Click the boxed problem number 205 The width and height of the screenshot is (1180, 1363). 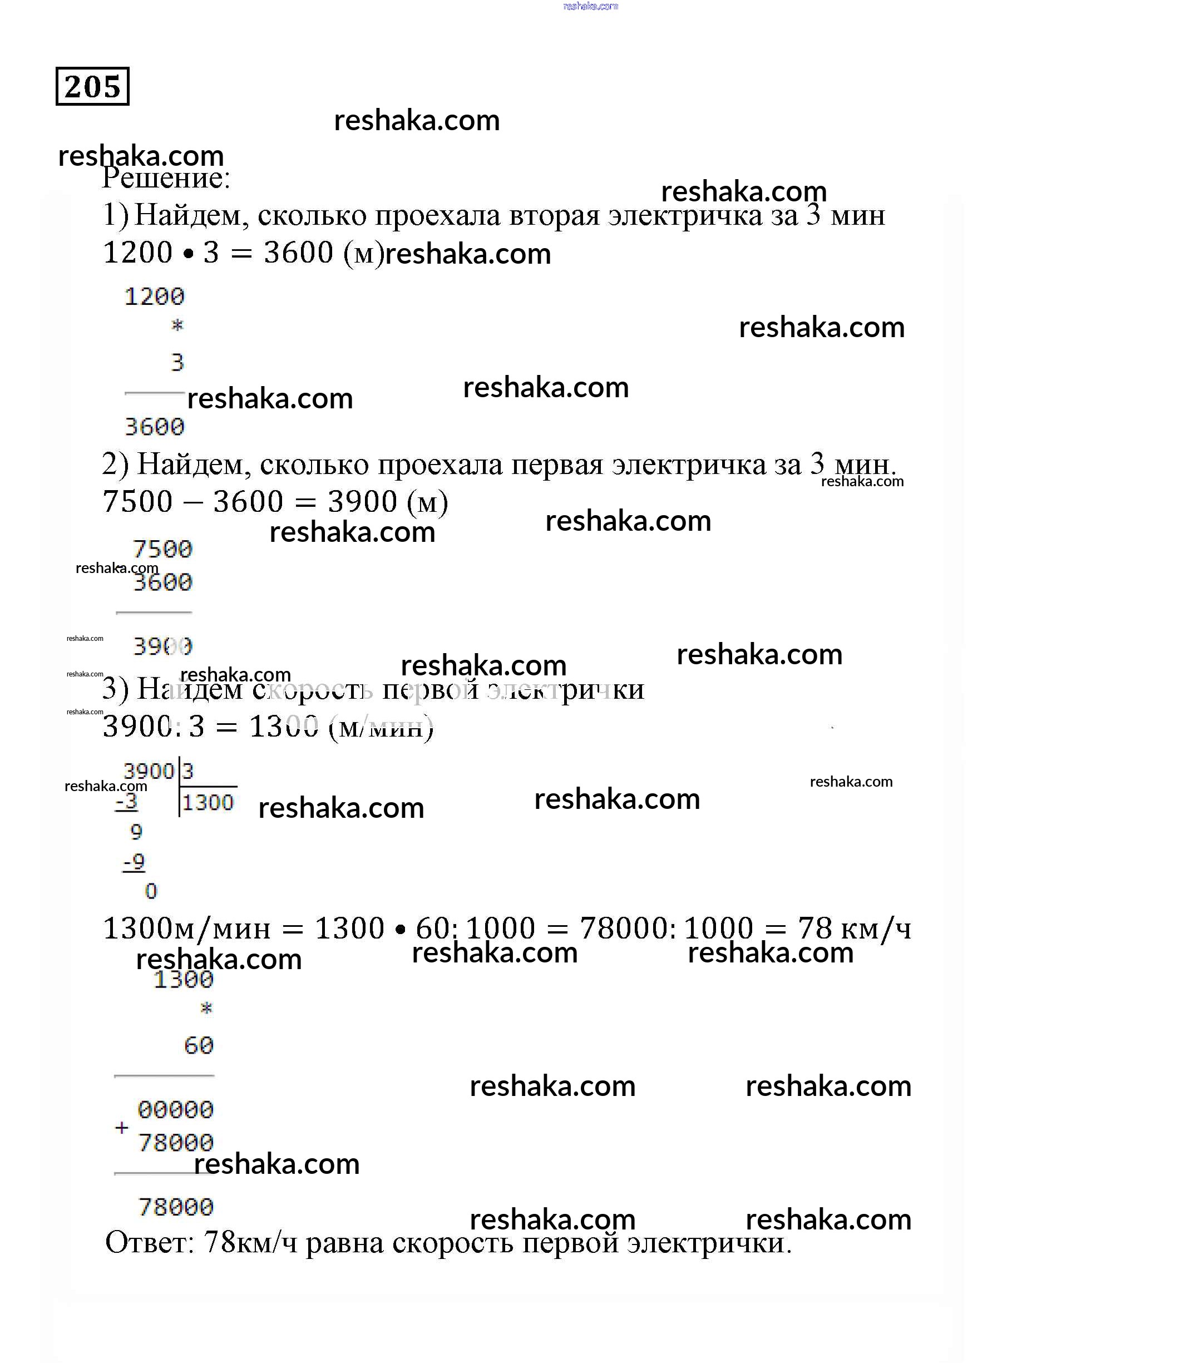[x=92, y=86]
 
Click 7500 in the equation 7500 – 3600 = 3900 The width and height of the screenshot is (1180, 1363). [x=137, y=502]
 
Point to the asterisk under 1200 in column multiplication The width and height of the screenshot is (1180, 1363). [x=177, y=325]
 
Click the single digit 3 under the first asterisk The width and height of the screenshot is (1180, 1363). [x=177, y=362]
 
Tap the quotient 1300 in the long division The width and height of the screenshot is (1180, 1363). [x=208, y=803]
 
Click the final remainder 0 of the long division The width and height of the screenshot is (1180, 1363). [x=151, y=892]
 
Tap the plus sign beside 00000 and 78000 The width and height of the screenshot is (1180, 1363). [x=122, y=1128]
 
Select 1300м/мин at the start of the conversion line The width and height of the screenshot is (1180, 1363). [x=186, y=929]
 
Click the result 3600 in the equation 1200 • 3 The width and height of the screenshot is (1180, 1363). [x=298, y=253]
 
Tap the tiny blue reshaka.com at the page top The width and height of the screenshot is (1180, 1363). [x=591, y=6]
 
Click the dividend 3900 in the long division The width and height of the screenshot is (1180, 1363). [x=149, y=771]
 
